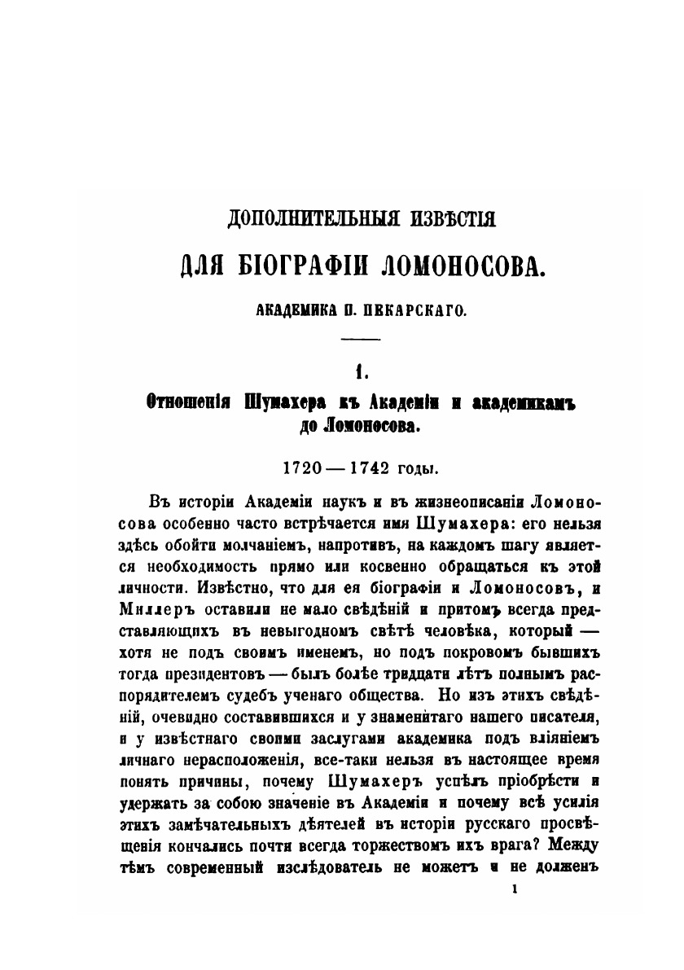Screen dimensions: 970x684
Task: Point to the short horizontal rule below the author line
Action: [x=359, y=339]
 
